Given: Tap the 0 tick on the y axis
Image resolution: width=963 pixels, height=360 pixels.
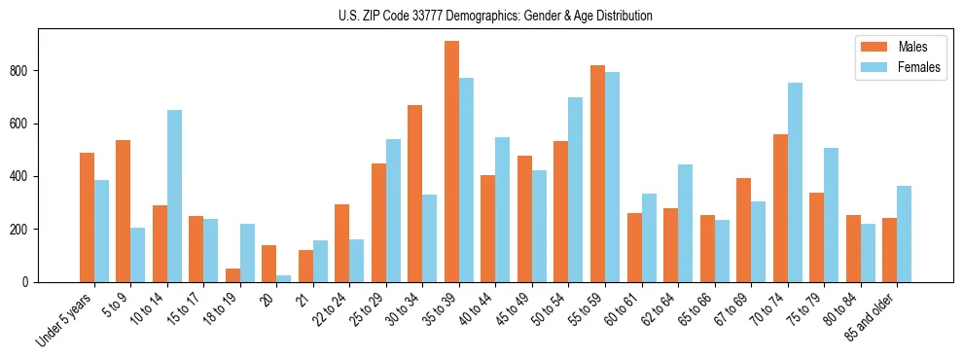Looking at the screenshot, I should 29,282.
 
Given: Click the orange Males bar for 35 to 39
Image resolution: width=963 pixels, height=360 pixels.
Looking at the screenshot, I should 451,162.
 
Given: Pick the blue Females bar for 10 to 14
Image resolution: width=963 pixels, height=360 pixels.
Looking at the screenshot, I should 174,196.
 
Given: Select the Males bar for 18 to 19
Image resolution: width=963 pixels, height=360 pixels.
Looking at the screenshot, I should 232,275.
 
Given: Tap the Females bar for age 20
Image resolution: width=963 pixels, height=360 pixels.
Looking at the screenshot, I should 284,278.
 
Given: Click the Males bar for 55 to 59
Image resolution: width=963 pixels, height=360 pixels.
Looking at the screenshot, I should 597,173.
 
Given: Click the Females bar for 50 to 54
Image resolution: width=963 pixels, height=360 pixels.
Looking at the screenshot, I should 576,190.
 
